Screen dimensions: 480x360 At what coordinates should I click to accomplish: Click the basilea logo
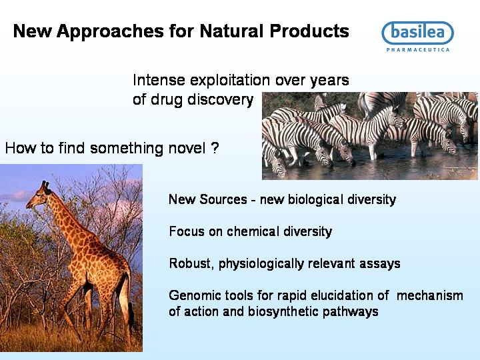pos(417,33)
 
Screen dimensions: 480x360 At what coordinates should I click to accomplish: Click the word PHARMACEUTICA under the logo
pos(418,49)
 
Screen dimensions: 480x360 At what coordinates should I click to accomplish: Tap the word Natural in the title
pos(231,31)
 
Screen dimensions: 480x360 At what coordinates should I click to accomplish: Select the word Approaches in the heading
pos(110,32)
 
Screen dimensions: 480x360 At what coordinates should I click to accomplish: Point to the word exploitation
pos(230,81)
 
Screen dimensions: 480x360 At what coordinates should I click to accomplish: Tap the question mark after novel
pos(215,148)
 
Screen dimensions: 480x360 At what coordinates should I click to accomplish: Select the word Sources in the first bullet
pos(223,199)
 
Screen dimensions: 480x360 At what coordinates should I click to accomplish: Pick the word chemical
pos(253,231)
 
